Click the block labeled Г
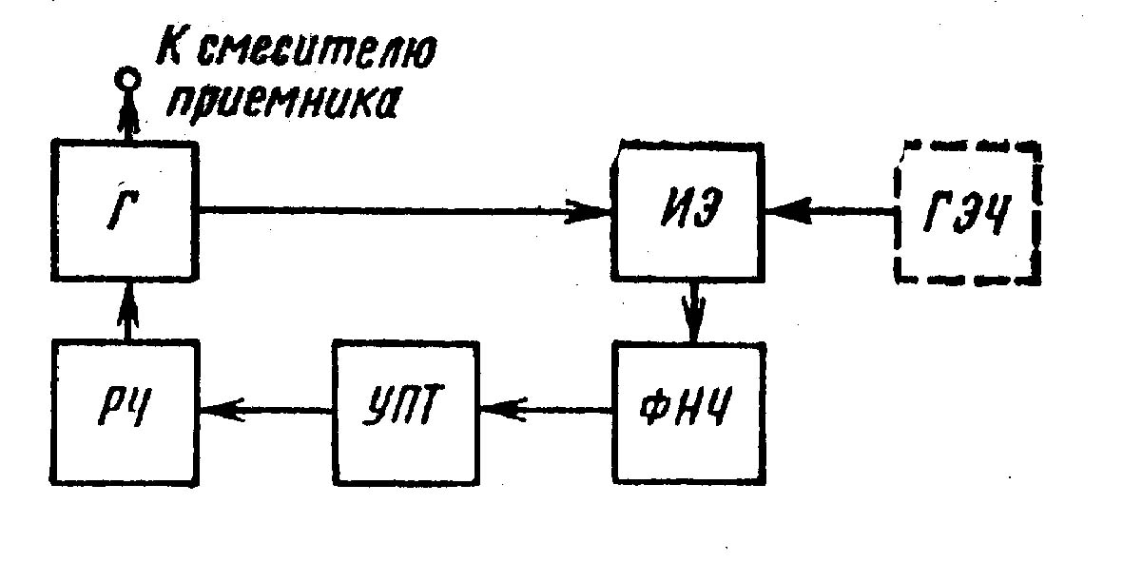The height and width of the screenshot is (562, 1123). tap(126, 212)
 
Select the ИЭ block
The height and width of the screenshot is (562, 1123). tap(689, 212)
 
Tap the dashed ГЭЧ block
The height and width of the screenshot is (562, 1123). tap(967, 214)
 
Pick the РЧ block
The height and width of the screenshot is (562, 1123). tap(126, 411)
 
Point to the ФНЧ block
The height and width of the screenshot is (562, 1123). tap(689, 411)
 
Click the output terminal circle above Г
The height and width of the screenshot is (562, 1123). tap(126, 82)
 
